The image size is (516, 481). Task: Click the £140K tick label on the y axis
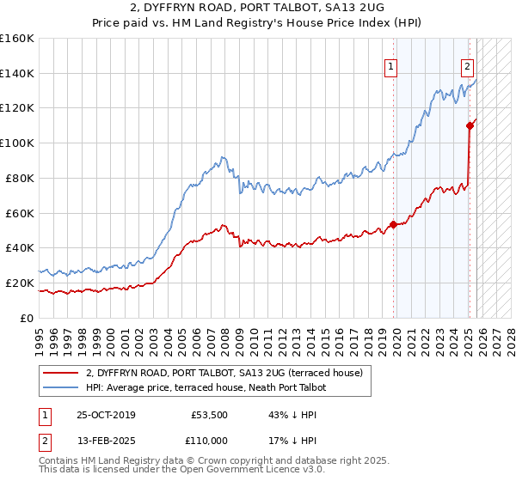click(17, 73)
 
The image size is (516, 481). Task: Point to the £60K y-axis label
click(20, 213)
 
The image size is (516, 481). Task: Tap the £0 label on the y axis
click(26, 318)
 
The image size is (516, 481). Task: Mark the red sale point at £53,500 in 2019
click(393, 224)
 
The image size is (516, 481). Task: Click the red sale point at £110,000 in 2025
click(470, 125)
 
